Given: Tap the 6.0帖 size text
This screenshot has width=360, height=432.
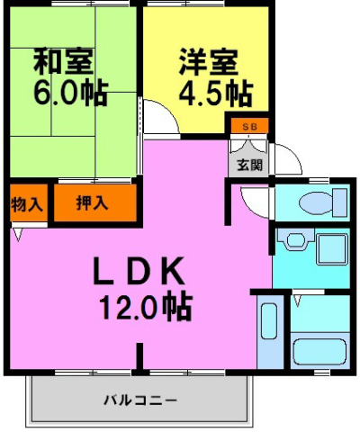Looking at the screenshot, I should (x=71, y=92).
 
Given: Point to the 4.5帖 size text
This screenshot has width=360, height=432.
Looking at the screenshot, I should (x=213, y=92).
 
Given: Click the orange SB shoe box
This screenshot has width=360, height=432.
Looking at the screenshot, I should (x=248, y=125).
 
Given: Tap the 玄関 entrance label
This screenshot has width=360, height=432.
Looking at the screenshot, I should (x=249, y=165).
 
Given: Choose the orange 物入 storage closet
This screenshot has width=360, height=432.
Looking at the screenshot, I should (x=27, y=203).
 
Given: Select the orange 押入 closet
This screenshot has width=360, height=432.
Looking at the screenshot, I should (x=94, y=202).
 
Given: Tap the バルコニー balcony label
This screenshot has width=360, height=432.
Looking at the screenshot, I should (x=139, y=398).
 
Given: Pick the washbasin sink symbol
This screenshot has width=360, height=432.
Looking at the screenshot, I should (x=292, y=242).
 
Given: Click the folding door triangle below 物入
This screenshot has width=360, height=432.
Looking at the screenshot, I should (x=18, y=235).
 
